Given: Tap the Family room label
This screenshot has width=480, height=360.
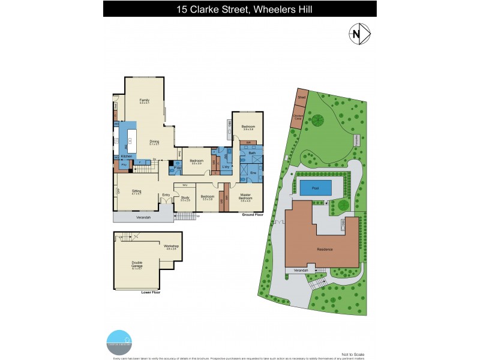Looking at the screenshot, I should pos(144,100).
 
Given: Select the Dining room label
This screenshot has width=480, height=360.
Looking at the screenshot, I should pos(154,142).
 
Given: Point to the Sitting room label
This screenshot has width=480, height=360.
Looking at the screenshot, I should pos(136,191).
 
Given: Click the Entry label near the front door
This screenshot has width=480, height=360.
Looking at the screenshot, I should pos(166,194).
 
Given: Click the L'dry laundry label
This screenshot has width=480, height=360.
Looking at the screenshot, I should pos(226,166).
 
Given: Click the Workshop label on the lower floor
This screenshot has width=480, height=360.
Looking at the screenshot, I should pos(171,247).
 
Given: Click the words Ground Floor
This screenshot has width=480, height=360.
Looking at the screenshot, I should pos(252,214).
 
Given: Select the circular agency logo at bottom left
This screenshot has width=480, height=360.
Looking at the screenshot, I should pos(119,340).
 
